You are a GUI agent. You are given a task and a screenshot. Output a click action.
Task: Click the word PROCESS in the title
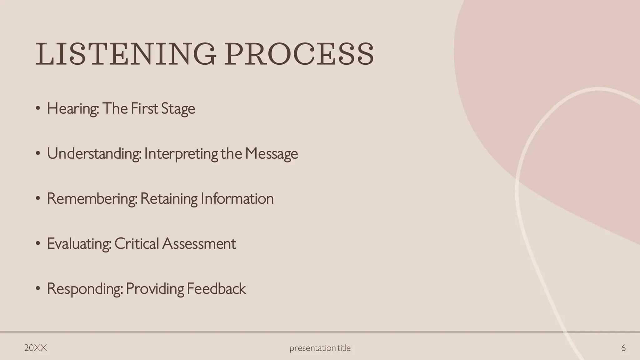[x=299, y=54]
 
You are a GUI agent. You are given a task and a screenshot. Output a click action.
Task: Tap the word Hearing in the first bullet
[x=72, y=109]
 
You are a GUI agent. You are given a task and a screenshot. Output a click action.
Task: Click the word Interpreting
[x=181, y=154]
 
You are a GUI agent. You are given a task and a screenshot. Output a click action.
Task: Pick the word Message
[x=271, y=154]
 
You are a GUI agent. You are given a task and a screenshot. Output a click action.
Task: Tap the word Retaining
[x=169, y=199]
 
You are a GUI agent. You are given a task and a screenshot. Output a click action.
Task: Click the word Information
[x=237, y=199]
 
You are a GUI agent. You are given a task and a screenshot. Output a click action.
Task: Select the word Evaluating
[x=79, y=244]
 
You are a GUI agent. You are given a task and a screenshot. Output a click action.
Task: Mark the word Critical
[x=137, y=244]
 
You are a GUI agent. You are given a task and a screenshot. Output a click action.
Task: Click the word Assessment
[x=199, y=244]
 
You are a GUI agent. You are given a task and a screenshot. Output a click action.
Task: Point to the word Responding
[x=84, y=289]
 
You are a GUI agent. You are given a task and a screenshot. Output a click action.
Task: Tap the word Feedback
[x=216, y=289]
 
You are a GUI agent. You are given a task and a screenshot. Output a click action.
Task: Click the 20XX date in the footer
[x=36, y=348]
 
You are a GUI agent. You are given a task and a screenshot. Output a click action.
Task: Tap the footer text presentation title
[x=320, y=348]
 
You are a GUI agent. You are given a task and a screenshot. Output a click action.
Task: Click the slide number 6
[x=623, y=348]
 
